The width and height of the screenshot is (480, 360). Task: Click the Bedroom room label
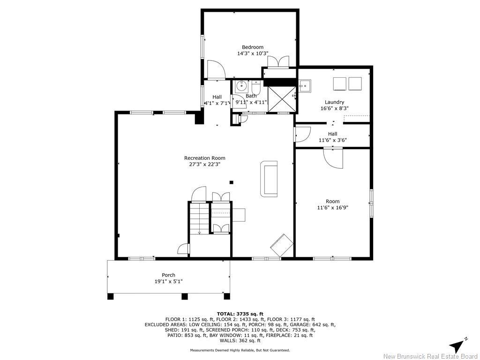click(252, 47)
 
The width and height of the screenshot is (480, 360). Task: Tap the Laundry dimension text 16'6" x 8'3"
click(334, 108)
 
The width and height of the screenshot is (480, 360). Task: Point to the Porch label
click(168, 275)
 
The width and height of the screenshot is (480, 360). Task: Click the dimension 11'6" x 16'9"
click(332, 208)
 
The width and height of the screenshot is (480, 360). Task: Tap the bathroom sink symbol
click(242, 86)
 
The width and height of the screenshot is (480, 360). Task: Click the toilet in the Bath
click(256, 87)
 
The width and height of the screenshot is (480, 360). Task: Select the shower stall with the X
click(281, 99)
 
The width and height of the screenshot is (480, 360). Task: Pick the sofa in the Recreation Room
click(269, 179)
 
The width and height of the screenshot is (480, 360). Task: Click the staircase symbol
click(199, 218)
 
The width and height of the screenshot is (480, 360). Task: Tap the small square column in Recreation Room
click(231, 182)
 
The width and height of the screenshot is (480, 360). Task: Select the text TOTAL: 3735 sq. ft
click(240, 314)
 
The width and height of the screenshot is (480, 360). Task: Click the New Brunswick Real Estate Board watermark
click(430, 356)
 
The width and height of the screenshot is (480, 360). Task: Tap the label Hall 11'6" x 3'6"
click(332, 137)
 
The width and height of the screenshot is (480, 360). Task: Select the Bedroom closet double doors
click(278, 62)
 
